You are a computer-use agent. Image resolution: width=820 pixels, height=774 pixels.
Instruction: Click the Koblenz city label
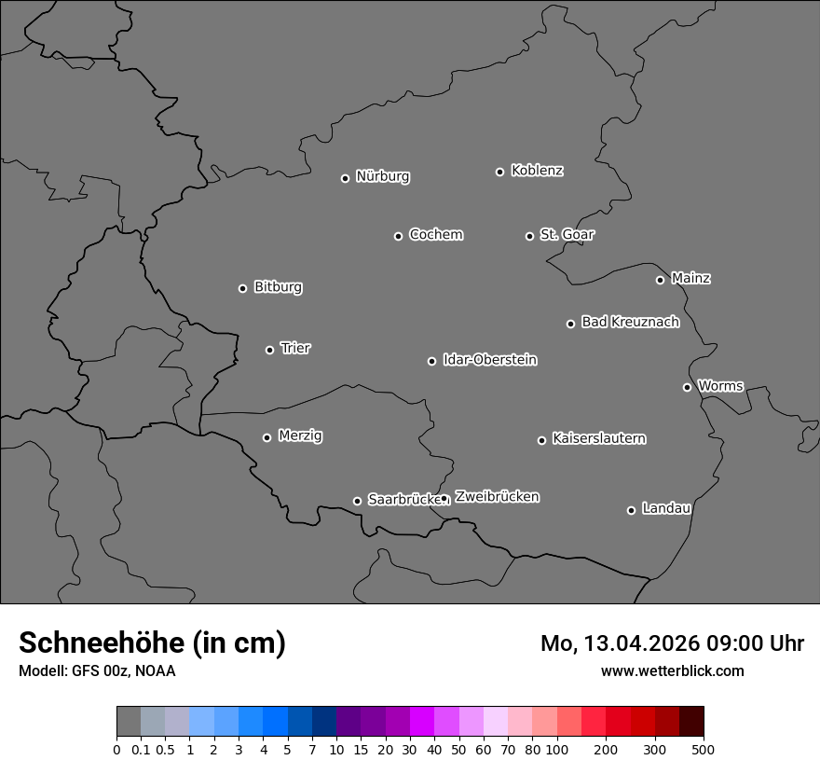(x=537, y=171)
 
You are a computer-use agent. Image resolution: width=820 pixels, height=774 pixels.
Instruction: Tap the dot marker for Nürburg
(x=345, y=178)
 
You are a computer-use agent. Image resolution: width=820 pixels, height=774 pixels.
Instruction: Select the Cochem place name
(x=435, y=234)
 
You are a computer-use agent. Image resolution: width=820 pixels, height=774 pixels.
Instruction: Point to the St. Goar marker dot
(x=529, y=236)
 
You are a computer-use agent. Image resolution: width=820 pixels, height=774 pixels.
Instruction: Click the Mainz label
(x=690, y=278)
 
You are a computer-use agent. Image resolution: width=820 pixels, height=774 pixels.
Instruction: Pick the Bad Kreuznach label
(x=630, y=322)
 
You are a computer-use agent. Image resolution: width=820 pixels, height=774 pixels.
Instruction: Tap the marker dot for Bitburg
(x=242, y=288)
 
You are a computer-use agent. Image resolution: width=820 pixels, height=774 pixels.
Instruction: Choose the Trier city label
(x=295, y=348)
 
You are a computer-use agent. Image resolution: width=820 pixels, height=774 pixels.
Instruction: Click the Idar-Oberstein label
(x=489, y=359)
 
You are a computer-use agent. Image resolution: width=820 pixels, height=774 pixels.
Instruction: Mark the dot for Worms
(x=687, y=387)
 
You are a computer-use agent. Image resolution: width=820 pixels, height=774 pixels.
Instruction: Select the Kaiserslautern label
(x=598, y=438)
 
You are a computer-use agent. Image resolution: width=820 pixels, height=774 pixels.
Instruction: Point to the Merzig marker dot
(x=266, y=437)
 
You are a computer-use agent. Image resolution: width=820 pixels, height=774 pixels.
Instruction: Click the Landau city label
(x=666, y=508)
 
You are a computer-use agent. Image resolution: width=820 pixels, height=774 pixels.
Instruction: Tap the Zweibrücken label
(x=497, y=496)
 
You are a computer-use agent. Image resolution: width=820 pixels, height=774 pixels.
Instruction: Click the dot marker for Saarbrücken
(x=357, y=501)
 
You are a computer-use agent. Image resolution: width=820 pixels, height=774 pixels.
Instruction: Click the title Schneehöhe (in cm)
(x=152, y=643)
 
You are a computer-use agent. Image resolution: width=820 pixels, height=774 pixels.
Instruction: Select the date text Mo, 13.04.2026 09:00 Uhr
(x=672, y=643)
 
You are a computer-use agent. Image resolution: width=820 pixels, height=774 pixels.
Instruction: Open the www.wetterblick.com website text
(x=672, y=670)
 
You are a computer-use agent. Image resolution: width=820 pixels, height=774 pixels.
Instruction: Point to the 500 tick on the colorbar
(x=704, y=749)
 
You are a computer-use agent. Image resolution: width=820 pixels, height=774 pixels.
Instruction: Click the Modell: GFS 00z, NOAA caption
(x=97, y=670)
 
